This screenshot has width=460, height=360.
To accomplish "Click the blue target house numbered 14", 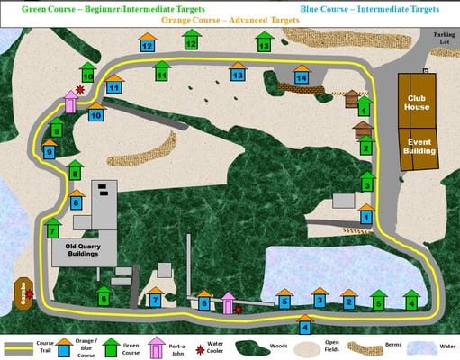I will [302, 77].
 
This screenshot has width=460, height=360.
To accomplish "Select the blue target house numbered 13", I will [237, 74].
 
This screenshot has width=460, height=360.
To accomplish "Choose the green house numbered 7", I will [53, 229].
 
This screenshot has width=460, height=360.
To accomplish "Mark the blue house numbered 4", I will [305, 325].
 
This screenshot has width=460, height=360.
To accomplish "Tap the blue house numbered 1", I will [366, 215].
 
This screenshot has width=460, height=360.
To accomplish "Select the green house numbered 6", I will [104, 295].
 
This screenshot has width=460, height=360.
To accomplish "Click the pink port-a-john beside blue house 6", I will [228, 302].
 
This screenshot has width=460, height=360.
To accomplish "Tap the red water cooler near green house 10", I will [81, 90].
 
